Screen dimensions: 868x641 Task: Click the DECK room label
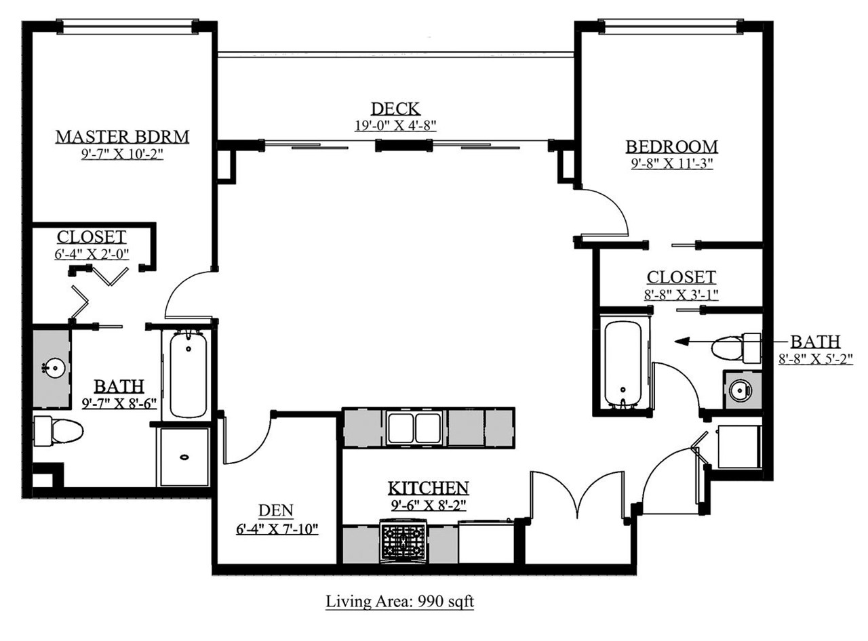point(395,108)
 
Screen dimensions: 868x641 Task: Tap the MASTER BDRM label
point(123,137)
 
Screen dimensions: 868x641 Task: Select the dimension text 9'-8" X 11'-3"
point(672,163)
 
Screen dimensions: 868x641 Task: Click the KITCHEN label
point(429,488)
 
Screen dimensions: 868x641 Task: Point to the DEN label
point(276,510)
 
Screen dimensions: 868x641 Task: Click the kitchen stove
point(404,542)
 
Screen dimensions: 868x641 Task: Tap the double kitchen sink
point(415,428)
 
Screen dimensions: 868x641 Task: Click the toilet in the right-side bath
point(736,348)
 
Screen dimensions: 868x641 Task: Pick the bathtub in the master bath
point(189,374)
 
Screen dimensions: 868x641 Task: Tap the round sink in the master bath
point(54,368)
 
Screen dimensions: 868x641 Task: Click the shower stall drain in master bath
point(184,457)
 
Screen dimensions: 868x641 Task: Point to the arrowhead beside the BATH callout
point(682,342)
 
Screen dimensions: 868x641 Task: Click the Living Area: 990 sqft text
point(399,601)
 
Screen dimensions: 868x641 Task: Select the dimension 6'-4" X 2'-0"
point(92,254)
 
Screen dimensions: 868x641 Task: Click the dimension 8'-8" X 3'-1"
point(682,295)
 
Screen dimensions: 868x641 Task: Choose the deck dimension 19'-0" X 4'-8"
point(395,125)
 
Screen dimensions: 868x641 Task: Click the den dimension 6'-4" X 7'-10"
point(277,529)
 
